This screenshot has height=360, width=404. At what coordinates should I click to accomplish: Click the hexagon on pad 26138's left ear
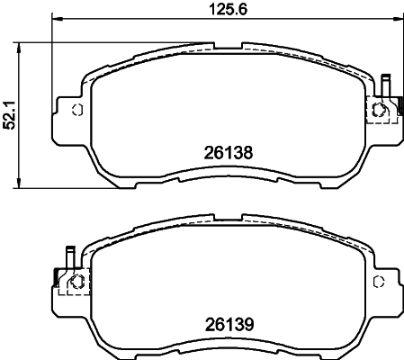pyautogui.click(x=76, y=111)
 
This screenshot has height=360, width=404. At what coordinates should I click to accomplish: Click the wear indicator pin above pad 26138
pyautogui.click(x=385, y=85)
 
